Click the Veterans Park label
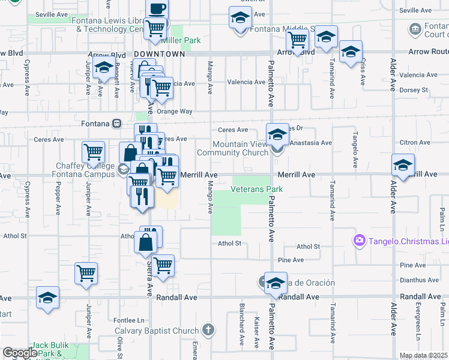tap(257, 190)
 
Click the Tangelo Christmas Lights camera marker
tap(359, 241)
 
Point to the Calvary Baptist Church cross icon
tap(208, 330)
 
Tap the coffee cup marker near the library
tap(157, 10)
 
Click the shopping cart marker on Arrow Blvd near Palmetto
tap(297, 41)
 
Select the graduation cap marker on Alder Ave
tap(403, 165)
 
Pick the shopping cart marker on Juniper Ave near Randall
tap(86, 274)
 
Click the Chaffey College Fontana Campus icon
tap(123, 169)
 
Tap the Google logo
tap(19, 353)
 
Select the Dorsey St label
tap(413, 90)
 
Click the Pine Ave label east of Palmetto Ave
tap(291, 260)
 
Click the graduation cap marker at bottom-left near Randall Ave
tap(47, 298)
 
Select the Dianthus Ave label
tap(412, 278)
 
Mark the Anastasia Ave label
tap(310, 143)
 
